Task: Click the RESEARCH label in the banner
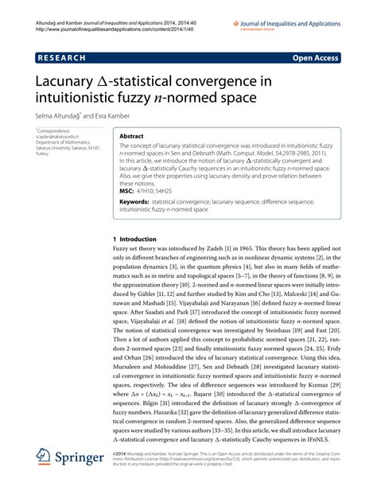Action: [x=64, y=58]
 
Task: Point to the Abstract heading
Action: [x=131, y=137]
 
